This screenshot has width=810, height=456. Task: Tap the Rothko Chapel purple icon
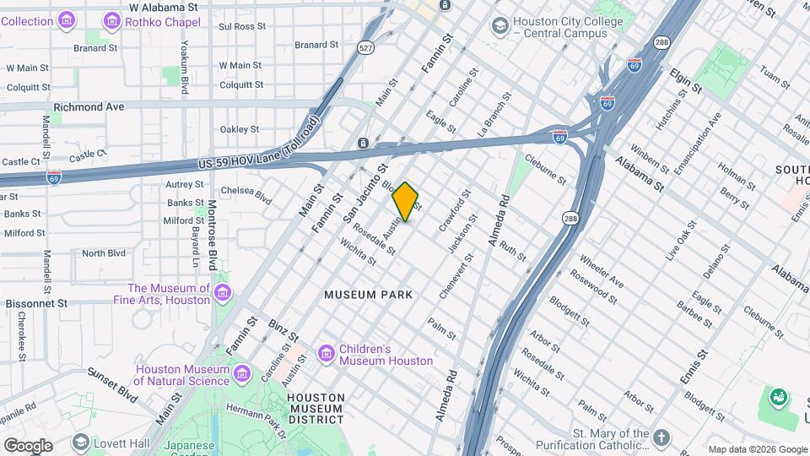pyautogui.click(x=111, y=20)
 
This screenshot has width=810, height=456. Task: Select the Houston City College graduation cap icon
pyautogui.click(x=500, y=26)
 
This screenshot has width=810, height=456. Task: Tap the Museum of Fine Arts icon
pyautogui.click(x=223, y=293)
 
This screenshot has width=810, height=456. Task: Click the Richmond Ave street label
pyautogui.click(x=89, y=107)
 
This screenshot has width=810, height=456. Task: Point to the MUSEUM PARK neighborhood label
pyautogui.click(x=369, y=295)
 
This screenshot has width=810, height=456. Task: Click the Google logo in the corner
pyautogui.click(x=27, y=445)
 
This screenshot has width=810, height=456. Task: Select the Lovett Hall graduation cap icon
pyautogui.click(x=81, y=442)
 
